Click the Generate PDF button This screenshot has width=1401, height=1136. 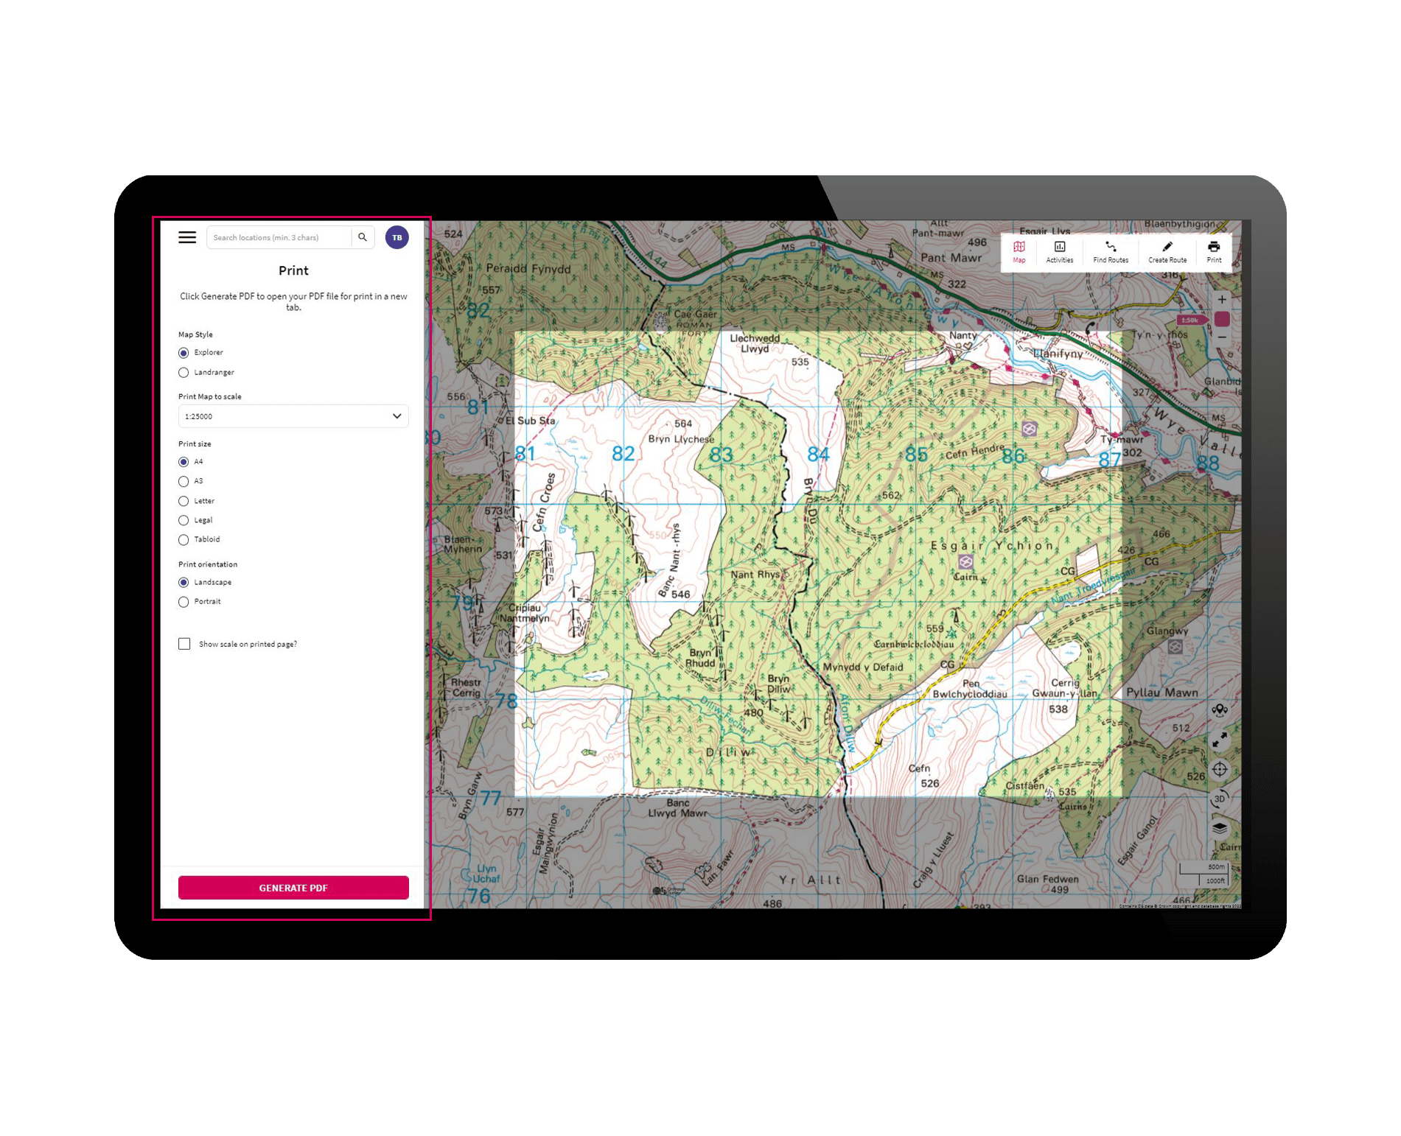click(293, 888)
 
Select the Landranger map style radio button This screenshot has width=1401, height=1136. click(184, 373)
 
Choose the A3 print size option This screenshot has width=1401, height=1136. click(184, 482)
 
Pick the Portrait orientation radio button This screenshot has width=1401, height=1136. click(184, 602)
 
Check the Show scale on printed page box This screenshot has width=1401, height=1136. click(184, 644)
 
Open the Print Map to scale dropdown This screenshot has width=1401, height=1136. click(293, 416)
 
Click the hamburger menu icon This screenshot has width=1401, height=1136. click(187, 237)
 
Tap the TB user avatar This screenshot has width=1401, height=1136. click(396, 237)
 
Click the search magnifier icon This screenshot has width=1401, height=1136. click(363, 237)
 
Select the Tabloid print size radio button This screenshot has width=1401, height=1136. click(184, 540)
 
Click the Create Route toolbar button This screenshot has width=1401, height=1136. click(1167, 251)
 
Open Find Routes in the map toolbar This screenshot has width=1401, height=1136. click(1111, 251)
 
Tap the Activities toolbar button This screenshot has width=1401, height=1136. click(1060, 251)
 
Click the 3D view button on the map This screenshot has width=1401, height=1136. click(1220, 799)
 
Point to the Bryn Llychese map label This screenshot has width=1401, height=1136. click(680, 439)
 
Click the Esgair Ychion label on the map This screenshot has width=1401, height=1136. click(991, 546)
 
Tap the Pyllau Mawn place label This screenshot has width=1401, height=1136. click(1161, 693)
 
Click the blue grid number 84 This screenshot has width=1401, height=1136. click(818, 455)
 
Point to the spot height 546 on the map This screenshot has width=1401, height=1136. click(680, 595)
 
